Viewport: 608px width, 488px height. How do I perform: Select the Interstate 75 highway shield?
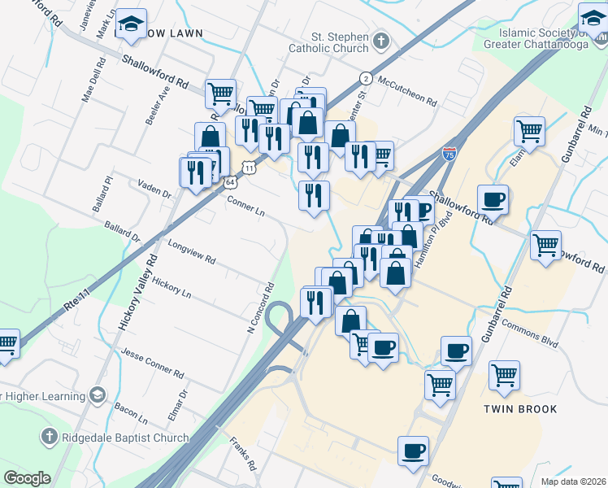tap(449, 154)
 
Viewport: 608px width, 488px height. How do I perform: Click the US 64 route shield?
tap(232, 183)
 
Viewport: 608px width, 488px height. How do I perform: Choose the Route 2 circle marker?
tap(367, 79)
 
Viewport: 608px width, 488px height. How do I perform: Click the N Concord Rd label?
tap(261, 308)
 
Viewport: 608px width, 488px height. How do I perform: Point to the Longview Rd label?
tap(191, 252)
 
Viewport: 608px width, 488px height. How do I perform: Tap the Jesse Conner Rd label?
tap(152, 362)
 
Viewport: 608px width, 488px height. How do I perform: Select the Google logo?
tap(27, 478)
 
